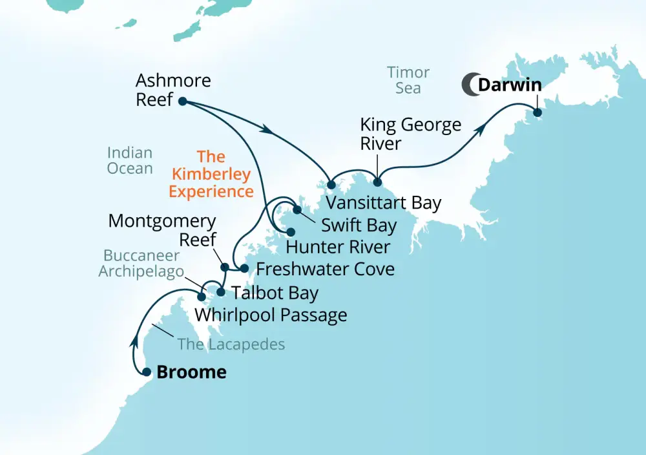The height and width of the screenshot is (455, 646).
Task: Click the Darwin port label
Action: pyautogui.click(x=509, y=85)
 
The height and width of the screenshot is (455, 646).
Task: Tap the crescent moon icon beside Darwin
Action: pyautogui.click(x=470, y=85)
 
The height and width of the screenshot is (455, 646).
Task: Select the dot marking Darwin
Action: pyautogui.click(x=537, y=112)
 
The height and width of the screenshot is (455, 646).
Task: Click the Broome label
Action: pyautogui.click(x=192, y=372)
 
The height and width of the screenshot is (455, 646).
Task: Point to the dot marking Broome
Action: pyautogui.click(x=147, y=372)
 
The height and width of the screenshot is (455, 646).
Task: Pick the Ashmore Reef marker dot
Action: pyautogui.click(x=182, y=101)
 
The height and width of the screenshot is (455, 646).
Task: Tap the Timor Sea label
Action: pyautogui.click(x=408, y=80)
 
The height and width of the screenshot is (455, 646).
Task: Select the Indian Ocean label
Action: pyautogui.click(x=130, y=161)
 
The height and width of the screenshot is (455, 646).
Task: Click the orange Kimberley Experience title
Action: pyautogui.click(x=211, y=175)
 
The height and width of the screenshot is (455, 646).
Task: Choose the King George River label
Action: pyautogui.click(x=410, y=133)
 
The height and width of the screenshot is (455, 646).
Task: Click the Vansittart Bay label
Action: pyautogui.click(x=383, y=203)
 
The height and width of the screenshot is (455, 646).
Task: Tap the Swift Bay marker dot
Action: pyautogui.click(x=297, y=209)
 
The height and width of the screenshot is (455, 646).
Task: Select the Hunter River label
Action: pyautogui.click(x=338, y=247)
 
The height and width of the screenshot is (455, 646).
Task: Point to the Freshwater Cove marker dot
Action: pyautogui.click(x=244, y=268)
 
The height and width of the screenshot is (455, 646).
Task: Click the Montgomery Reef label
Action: pyautogui.click(x=161, y=230)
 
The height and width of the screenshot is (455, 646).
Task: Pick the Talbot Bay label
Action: pyautogui.click(x=275, y=293)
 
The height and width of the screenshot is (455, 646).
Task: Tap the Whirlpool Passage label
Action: pyautogui.click(x=271, y=315)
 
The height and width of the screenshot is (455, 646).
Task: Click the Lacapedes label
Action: pyautogui.click(x=231, y=344)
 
